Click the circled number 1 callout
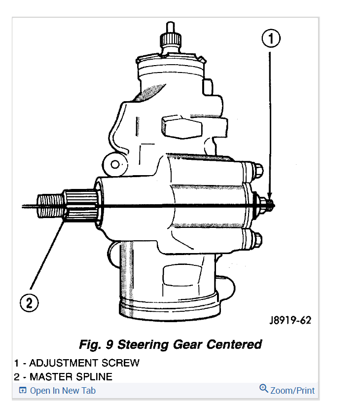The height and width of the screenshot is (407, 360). [271, 38]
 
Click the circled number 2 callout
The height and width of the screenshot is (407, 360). [29, 302]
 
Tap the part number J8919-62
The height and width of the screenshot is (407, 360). [290, 320]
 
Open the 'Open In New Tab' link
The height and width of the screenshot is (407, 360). [62, 391]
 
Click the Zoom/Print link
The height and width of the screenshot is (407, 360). [292, 390]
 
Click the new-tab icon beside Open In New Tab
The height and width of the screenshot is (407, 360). [22, 391]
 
